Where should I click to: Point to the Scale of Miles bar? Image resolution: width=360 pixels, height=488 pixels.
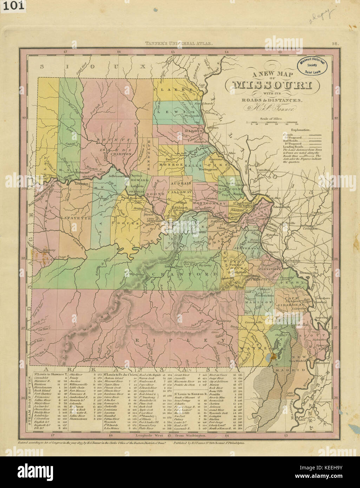click(272, 123)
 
